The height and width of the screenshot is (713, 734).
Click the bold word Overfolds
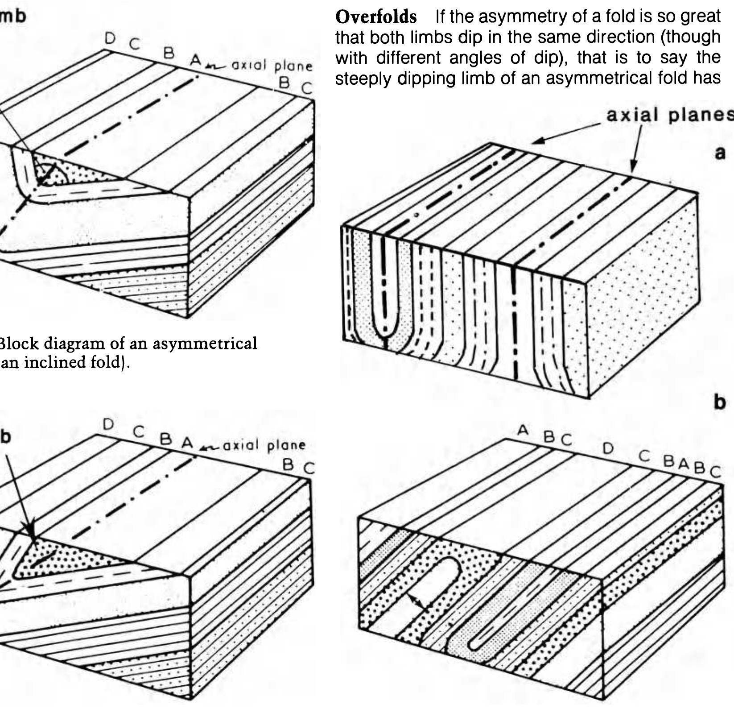click(x=375, y=17)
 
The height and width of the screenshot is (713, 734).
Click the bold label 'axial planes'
click(x=669, y=115)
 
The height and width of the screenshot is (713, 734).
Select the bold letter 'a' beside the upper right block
click(x=720, y=153)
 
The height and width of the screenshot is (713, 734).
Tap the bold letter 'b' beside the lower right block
click(x=719, y=402)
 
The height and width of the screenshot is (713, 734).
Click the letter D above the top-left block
click(x=110, y=39)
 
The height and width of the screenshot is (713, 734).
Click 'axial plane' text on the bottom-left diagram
click(x=265, y=445)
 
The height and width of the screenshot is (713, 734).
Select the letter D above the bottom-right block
click(x=608, y=448)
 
